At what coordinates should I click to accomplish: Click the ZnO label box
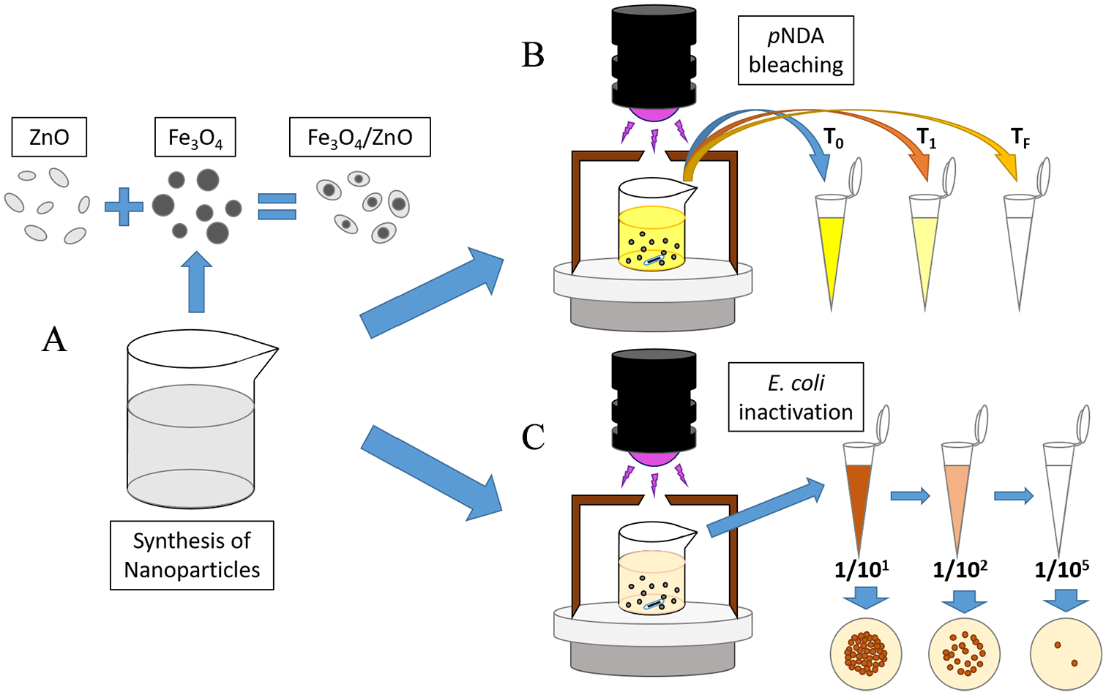[x=49, y=137]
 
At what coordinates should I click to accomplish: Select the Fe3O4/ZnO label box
[x=359, y=137]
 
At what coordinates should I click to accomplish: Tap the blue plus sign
[x=124, y=206]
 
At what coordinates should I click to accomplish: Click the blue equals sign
[x=277, y=206]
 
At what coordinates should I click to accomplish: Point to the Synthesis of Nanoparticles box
[x=192, y=555]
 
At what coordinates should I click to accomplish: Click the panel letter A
[x=54, y=340]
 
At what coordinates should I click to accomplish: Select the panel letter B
[x=533, y=55]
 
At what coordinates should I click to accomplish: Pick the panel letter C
[x=533, y=437]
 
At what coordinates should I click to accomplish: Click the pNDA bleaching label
[x=796, y=50]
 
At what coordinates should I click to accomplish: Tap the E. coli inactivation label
[x=796, y=397]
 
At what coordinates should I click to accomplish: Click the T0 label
[x=834, y=138]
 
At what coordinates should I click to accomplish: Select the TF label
[x=1020, y=138]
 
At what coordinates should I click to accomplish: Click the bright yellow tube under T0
[x=832, y=249]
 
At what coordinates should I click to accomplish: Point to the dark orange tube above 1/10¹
[x=858, y=497]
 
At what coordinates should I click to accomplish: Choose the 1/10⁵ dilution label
[x=1061, y=569]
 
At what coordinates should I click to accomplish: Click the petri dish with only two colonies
[x=1065, y=654]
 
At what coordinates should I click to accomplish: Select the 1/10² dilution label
[x=960, y=569]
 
